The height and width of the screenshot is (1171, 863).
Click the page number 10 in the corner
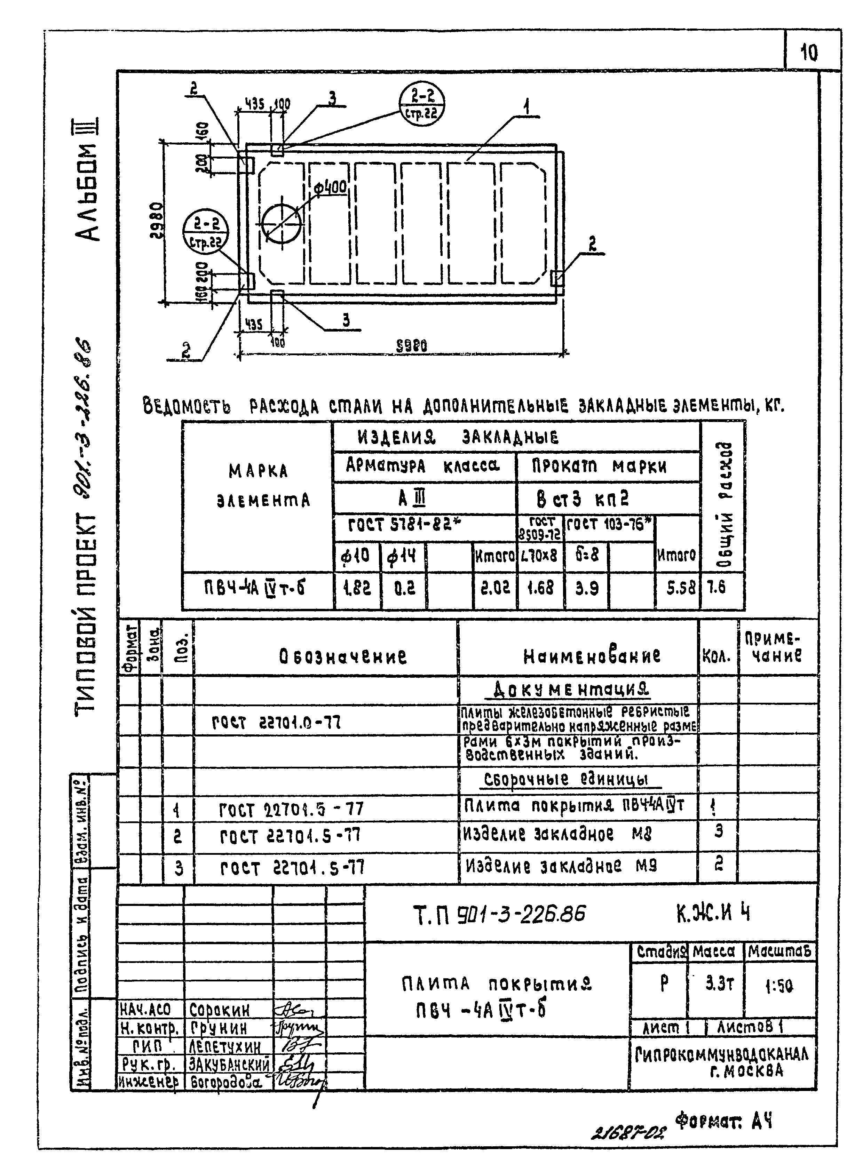(809, 52)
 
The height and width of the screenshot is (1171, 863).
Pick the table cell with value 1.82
(357, 589)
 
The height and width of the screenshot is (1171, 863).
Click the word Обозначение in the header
(343, 656)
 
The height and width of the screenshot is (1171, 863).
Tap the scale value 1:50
(778, 986)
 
